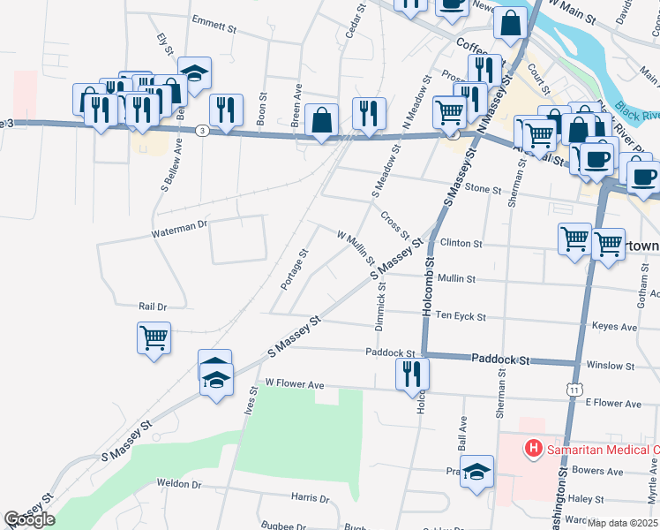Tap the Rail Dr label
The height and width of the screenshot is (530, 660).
pyautogui.click(x=153, y=307)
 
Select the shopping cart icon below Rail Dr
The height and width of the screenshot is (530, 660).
pyautogui.click(x=154, y=337)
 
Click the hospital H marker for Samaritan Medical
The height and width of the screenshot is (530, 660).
pyautogui.click(x=533, y=449)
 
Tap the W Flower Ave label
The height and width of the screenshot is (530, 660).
pyautogui.click(x=295, y=384)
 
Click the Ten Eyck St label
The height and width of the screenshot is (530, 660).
pyautogui.click(x=461, y=315)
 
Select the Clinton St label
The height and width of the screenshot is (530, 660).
pyautogui.click(x=461, y=243)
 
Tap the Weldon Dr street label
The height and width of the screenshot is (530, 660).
pyautogui.click(x=179, y=484)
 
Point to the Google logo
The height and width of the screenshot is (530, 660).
pyautogui.click(x=29, y=519)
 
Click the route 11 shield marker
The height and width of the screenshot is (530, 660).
pyautogui.click(x=574, y=390)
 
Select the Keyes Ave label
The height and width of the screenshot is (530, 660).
pyautogui.click(x=616, y=327)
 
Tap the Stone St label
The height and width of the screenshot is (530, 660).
pyautogui.click(x=483, y=189)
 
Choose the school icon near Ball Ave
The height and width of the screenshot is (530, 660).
pyautogui.click(x=476, y=473)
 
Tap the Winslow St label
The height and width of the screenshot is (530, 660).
pyautogui.click(x=611, y=364)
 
